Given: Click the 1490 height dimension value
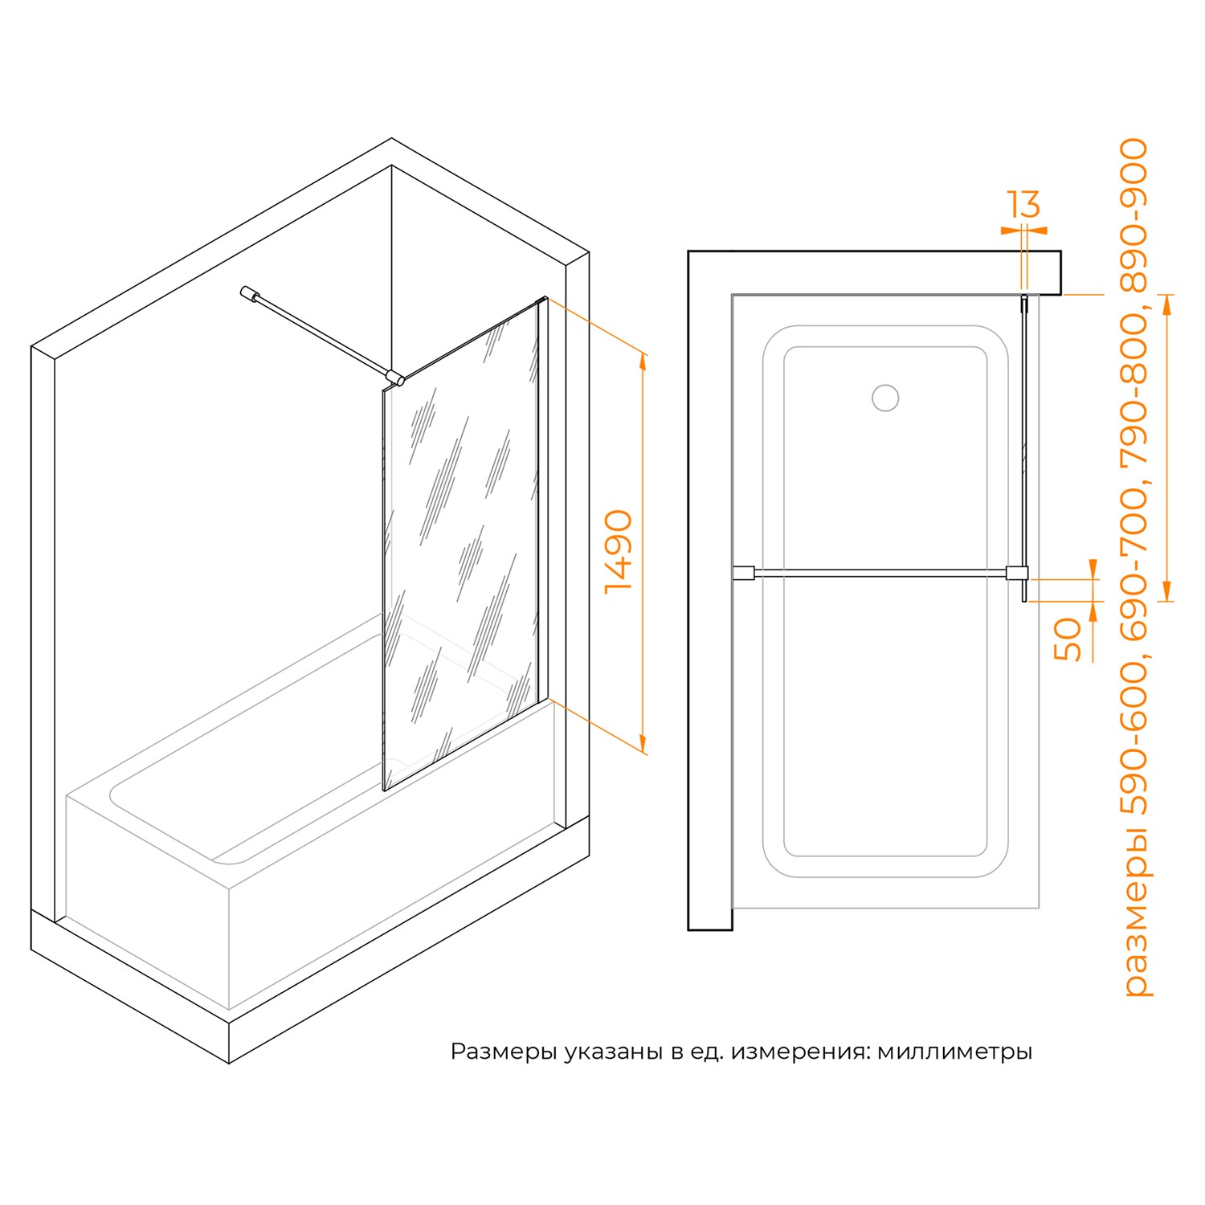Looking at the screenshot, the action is tap(619, 552).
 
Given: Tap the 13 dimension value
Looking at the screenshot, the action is tap(1024, 205).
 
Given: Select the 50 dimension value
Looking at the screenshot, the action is tap(1068, 639).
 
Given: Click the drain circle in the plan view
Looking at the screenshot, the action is tap(885, 398).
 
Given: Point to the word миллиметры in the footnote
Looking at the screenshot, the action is tap(954, 1052).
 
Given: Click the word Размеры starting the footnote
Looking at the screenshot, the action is tap(504, 1052).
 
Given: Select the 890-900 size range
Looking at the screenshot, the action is tap(1135, 215).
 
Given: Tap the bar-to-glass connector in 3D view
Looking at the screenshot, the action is tap(394, 378).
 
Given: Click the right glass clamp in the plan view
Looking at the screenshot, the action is tap(1018, 573).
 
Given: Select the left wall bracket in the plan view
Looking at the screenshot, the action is tap(743, 573).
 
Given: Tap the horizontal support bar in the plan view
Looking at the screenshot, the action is tap(880, 573).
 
